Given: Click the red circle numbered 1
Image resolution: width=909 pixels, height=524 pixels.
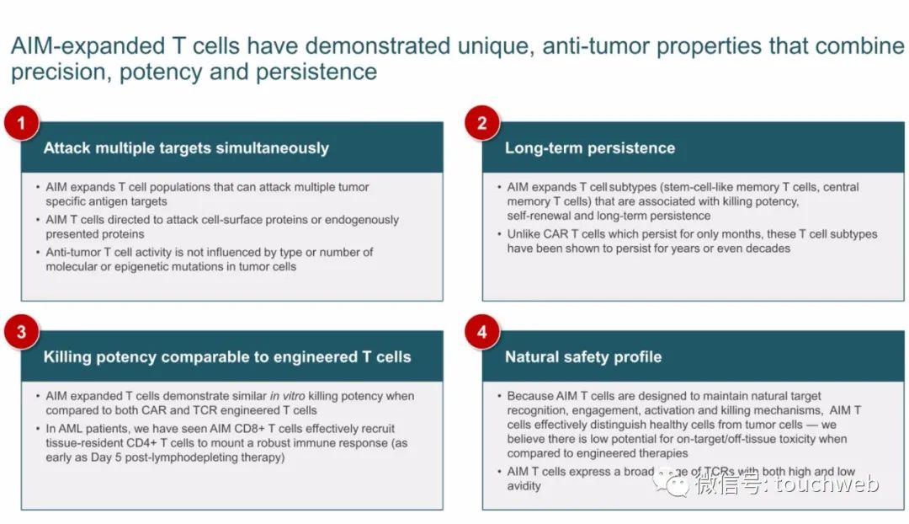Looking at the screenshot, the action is tap(21, 123).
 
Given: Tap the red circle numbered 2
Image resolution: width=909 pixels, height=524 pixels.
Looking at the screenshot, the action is tap(481, 123).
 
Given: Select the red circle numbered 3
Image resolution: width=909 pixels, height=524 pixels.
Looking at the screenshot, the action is tap(21, 332).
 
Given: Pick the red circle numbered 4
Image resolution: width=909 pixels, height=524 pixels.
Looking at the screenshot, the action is tap(481, 332).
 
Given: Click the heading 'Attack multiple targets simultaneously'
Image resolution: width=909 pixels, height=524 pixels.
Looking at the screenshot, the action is tap(186, 148).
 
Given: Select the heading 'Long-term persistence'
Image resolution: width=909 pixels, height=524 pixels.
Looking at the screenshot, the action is tap(589, 148).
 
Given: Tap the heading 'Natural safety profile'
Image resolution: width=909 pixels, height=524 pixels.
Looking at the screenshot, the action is tap(583, 357).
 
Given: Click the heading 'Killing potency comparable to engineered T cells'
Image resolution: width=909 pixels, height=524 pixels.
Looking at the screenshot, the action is tap(227, 357).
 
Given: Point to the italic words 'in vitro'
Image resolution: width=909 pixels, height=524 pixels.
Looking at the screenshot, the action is tap(287, 396).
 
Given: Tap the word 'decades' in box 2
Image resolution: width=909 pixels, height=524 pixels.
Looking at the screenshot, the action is tap(768, 249).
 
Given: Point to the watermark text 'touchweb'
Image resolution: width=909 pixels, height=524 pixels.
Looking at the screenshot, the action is tap(827, 484).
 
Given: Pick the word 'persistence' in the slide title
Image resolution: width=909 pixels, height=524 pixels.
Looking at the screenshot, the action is tap(316, 72).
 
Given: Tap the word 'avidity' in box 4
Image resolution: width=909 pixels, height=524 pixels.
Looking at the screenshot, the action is tap(524, 486).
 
